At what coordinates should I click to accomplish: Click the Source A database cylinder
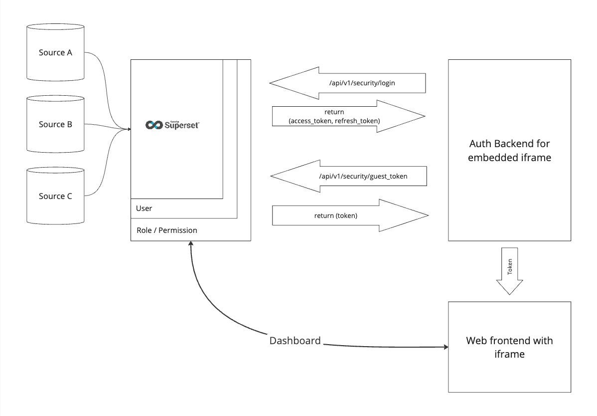pos(55,52)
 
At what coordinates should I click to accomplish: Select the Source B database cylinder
pos(55,125)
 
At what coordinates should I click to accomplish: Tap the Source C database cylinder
pos(55,196)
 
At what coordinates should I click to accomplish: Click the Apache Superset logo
pos(172,125)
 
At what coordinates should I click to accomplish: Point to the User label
pos(144,208)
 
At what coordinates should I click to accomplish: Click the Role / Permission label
pos(167,230)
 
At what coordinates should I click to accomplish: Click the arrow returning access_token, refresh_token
pos(348,116)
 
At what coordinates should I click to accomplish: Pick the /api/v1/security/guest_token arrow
pos(348,176)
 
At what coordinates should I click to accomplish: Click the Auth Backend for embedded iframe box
pos(509,150)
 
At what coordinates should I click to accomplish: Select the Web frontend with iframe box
pos(509,347)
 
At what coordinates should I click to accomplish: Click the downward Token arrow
pos(509,271)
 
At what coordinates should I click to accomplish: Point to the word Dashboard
pos(295,341)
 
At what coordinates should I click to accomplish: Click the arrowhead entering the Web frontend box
pos(445,347)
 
